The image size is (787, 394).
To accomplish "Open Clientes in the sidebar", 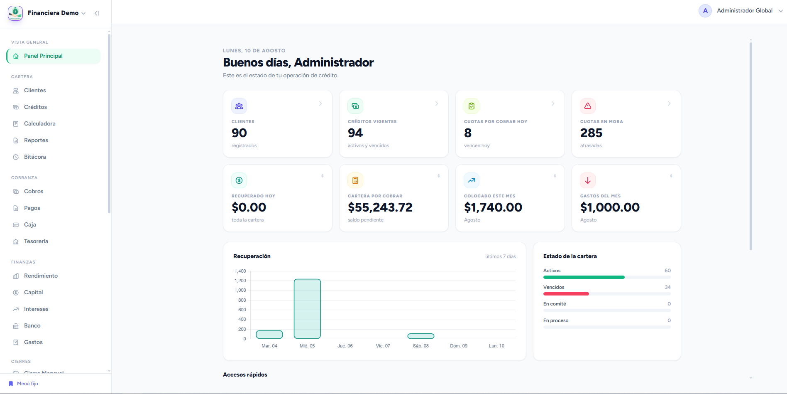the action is click(35, 91).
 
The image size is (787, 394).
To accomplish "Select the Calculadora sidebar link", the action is click(39, 124).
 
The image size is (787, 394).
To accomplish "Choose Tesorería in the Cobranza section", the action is click(36, 241).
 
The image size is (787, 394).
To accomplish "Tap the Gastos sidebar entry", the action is click(33, 342).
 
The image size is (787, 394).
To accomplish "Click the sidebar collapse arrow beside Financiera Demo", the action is click(97, 13).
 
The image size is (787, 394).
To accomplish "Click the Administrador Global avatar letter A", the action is click(705, 11).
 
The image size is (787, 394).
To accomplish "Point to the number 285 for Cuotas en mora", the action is click(591, 133).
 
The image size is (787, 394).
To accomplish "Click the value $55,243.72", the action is click(380, 207).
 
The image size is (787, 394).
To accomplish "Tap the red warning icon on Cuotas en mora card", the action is click(588, 106).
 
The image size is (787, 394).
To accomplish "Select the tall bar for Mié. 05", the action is click(307, 309).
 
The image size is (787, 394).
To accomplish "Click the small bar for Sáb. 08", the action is click(421, 336).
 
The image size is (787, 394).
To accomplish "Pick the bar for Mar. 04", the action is click(269, 335).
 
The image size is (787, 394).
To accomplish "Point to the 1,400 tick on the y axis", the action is click(240, 271).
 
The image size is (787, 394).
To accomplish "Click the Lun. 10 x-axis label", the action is click(496, 346).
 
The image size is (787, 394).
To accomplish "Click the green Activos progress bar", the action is click(584, 277).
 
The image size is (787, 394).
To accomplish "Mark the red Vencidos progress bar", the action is click(566, 294).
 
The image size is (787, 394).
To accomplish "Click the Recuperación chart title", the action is click(252, 256).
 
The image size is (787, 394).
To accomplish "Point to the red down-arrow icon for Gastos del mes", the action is click(588, 180).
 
